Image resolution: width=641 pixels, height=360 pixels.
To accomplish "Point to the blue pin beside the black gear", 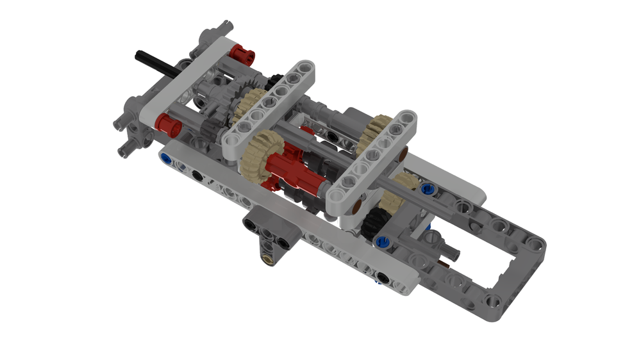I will tap(383, 241).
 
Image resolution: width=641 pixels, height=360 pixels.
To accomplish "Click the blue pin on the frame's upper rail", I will tap(429, 190).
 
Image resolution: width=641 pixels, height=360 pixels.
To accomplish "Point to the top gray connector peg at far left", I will tap(224, 27).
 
